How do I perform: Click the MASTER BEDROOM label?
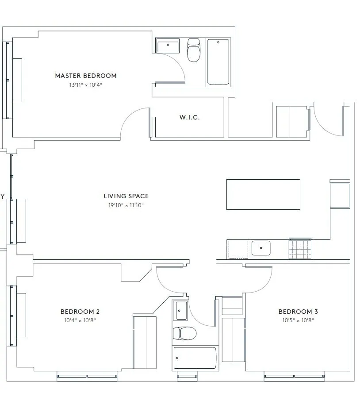click(x=86, y=76)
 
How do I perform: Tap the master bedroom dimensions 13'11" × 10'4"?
click(x=86, y=85)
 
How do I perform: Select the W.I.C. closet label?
click(x=189, y=118)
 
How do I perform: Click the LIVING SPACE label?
click(x=126, y=196)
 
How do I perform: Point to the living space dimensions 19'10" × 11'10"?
click(x=126, y=205)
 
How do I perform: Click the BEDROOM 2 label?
click(x=80, y=312)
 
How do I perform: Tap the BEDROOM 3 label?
click(x=298, y=312)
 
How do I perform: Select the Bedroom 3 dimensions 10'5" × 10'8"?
click(x=298, y=320)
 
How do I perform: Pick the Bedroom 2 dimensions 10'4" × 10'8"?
click(x=80, y=320)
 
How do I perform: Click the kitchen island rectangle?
click(x=263, y=194)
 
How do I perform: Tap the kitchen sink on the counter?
click(x=261, y=248)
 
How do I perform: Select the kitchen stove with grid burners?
click(x=300, y=249)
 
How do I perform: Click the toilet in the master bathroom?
click(x=193, y=50)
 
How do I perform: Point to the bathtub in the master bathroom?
click(x=218, y=62)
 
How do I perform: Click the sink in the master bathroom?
click(x=168, y=46)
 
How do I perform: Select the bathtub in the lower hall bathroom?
click(x=195, y=358)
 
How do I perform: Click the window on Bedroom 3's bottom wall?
click(x=294, y=377)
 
